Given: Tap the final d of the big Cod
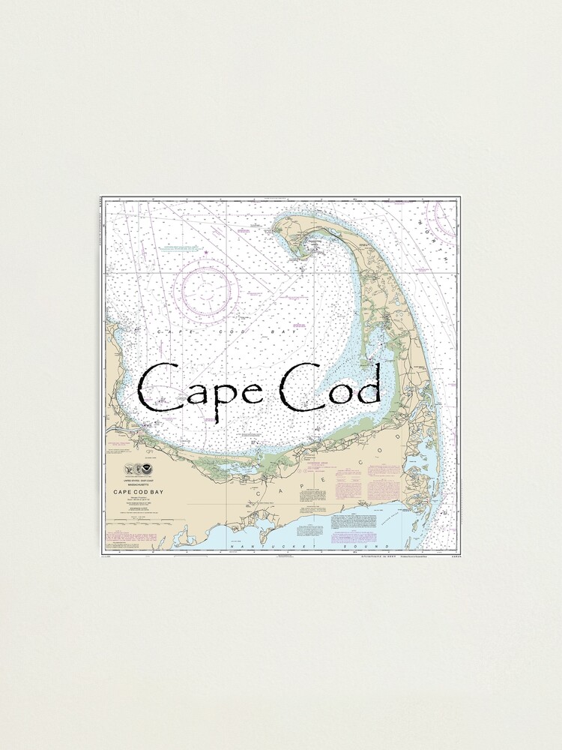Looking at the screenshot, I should point(365,384).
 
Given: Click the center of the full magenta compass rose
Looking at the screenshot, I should point(205,289).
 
